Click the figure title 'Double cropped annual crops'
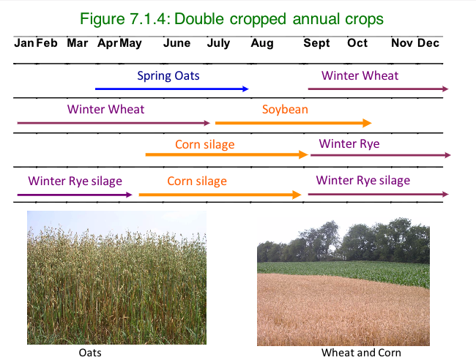(x=237, y=18)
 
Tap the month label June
(x=177, y=43)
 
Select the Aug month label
(x=261, y=43)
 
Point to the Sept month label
(x=316, y=43)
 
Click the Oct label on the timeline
(x=357, y=43)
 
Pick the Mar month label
(x=77, y=43)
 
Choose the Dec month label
(x=428, y=43)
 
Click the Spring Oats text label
(x=168, y=75)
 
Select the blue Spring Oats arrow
(x=171, y=89)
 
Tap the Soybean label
(x=285, y=110)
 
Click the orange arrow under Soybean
(x=293, y=123)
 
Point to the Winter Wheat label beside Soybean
(x=105, y=110)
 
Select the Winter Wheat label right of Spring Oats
(x=360, y=75)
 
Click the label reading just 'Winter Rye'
(x=349, y=143)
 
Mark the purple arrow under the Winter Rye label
(x=380, y=155)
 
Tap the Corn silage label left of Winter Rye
(x=204, y=144)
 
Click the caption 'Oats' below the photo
(x=90, y=353)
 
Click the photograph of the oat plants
(x=116, y=277)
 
